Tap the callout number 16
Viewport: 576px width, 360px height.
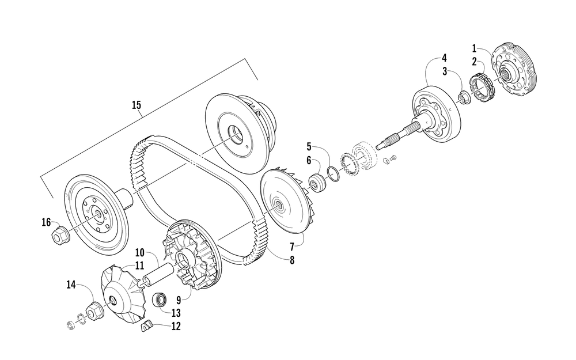point(46,222)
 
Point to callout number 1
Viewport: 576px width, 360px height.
point(475,48)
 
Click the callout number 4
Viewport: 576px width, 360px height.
point(444,58)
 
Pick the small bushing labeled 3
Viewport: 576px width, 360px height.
point(464,97)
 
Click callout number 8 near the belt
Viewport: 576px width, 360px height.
point(292,260)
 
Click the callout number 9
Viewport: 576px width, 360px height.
point(178,300)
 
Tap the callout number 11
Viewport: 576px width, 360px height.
point(139,266)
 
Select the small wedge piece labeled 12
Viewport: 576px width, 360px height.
point(146,328)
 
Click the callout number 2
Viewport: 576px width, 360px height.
point(475,62)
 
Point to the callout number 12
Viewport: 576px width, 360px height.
point(176,327)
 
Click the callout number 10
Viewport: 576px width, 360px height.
point(139,252)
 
